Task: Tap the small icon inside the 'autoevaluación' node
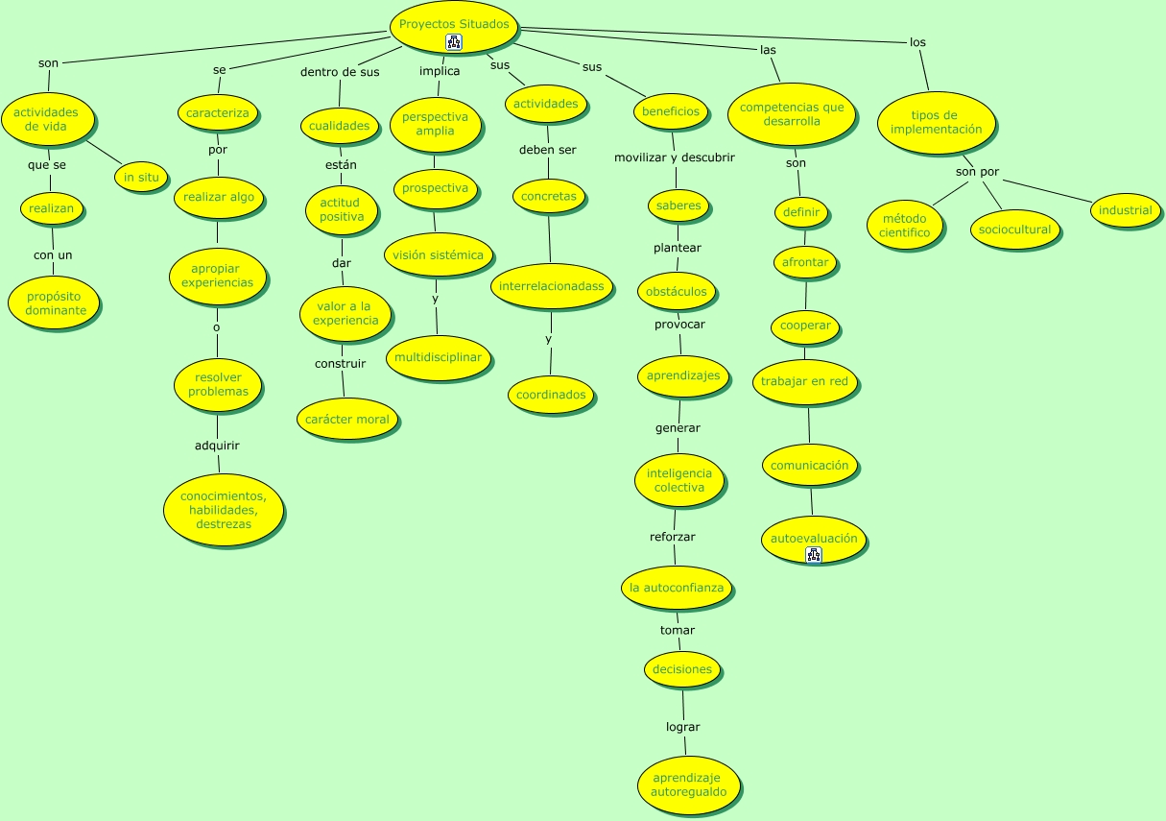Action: [814, 554]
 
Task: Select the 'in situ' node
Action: [141, 177]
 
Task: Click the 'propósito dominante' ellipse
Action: [56, 303]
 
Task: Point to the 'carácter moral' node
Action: [347, 419]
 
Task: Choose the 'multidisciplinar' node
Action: [438, 358]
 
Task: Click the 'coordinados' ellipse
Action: [551, 395]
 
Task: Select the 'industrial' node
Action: [1126, 210]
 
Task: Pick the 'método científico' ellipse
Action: [905, 226]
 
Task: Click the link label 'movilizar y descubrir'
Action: [675, 157]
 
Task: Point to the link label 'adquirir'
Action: [217, 446]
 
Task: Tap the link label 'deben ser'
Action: [547, 150]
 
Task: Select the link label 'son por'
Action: [977, 172]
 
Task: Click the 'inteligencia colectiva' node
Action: [679, 480]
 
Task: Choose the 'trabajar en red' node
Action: [804, 381]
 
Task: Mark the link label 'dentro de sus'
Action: [340, 72]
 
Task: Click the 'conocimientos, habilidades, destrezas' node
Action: [224, 510]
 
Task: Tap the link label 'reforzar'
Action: [673, 537]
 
